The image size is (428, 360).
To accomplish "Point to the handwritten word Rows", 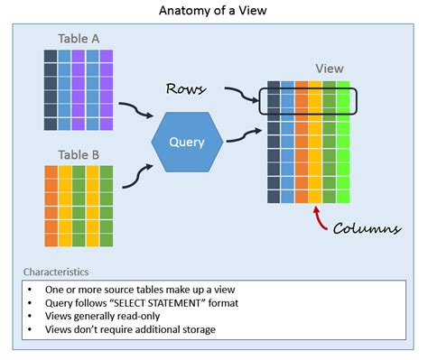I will coord(189,88).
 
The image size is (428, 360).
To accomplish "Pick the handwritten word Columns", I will coord(366,228).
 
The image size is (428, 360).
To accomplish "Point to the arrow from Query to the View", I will coord(244,136).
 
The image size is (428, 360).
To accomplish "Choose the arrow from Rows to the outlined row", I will coord(242,94).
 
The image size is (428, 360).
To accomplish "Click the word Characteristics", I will coord(58,271).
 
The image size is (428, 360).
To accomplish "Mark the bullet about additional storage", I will coord(130,329).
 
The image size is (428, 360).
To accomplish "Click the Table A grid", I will coord(78,90).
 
